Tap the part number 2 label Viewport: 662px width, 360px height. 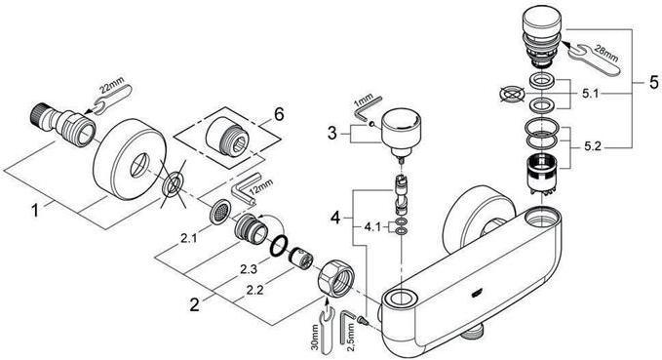pyautogui.click(x=194, y=302)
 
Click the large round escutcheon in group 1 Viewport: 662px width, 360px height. pyautogui.click(x=131, y=157)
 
